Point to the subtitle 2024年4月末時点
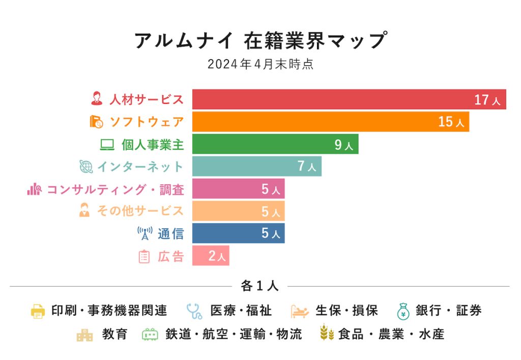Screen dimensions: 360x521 pos(260,65)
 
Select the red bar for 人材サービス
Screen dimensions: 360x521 pos(331,99)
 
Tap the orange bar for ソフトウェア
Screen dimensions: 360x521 pos(315,122)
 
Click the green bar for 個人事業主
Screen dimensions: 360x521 pos(265,144)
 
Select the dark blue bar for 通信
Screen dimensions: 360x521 pos(229,233)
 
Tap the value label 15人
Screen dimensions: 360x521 pos(451,122)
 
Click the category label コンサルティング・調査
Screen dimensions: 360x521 pos(115,189)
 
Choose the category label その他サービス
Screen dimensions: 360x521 pos(140,211)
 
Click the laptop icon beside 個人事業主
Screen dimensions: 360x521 pos(107,145)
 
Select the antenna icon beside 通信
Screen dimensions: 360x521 pos(145,233)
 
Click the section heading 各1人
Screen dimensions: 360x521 pos(259,286)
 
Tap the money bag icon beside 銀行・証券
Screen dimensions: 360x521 pos(403,311)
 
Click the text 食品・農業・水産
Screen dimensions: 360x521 pos(391,334)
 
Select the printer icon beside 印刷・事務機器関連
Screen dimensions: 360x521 pos(38,311)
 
